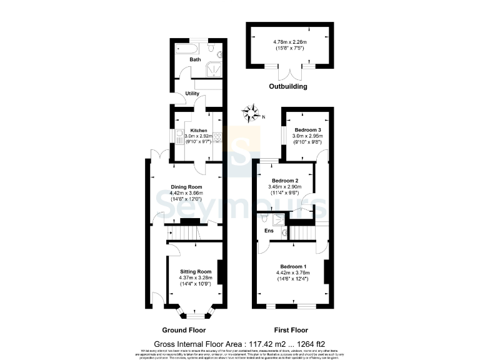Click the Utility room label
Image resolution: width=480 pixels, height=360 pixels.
pos(192,94)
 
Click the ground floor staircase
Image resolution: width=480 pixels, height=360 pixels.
pos(186,233)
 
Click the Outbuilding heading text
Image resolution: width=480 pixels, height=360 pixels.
pos(288,86)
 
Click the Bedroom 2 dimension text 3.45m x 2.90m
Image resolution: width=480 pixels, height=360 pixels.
pos(284,187)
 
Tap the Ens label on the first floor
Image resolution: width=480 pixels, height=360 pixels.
pos(269,231)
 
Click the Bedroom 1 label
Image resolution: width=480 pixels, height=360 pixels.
pos(292,266)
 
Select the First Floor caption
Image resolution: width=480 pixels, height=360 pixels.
pos(291,329)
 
